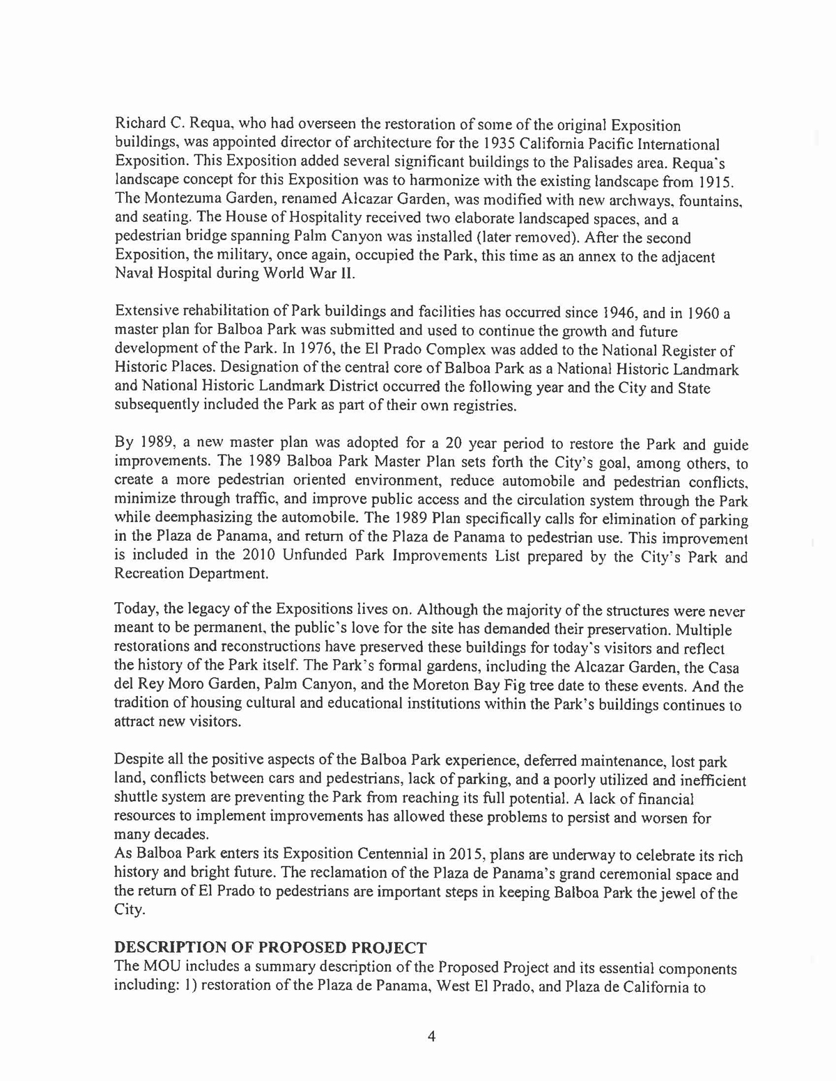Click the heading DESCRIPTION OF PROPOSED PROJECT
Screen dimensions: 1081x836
[x=270, y=948]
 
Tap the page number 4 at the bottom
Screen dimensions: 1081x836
[x=431, y=1036]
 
